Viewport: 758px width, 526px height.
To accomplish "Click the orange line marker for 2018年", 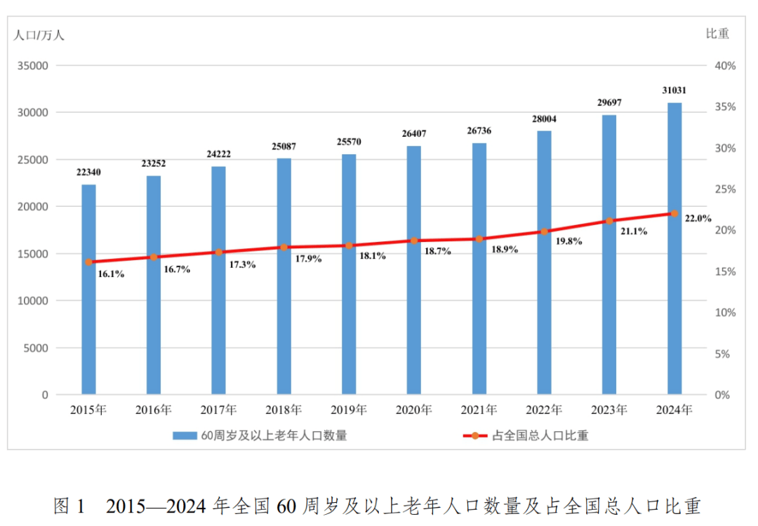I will pyautogui.click(x=284, y=248).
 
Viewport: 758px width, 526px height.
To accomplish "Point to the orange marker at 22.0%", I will pyautogui.click(x=674, y=213).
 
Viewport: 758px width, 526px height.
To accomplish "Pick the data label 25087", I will pyautogui.click(x=284, y=147).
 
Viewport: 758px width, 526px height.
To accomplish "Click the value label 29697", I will pyautogui.click(x=609, y=103).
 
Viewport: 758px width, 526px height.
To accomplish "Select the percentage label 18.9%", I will pyautogui.click(x=505, y=249).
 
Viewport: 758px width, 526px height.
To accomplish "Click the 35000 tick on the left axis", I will pyautogui.click(x=33, y=66).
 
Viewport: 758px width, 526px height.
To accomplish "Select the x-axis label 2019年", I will pyautogui.click(x=349, y=410).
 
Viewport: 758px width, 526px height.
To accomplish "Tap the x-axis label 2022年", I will pyautogui.click(x=544, y=410).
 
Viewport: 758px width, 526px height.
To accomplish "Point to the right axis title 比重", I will pyautogui.click(x=718, y=33).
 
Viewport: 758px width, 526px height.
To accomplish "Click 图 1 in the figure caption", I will pyautogui.click(x=69, y=506).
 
